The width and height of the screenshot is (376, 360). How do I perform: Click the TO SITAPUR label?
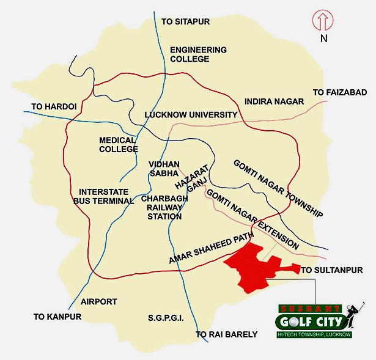pyautogui.click(x=185, y=21)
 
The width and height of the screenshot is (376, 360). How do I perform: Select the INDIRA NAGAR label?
pyautogui.click(x=273, y=101)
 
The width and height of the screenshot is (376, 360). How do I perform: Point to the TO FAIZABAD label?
pyautogui.click(x=339, y=92)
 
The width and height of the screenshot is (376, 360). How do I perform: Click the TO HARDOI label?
pyautogui.click(x=54, y=106)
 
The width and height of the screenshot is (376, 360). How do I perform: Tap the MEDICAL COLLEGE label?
pyautogui.click(x=117, y=144)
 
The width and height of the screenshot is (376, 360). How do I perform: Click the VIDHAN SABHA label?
pyautogui.click(x=162, y=169)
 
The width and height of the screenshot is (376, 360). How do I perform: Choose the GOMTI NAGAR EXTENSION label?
pyautogui.click(x=253, y=219)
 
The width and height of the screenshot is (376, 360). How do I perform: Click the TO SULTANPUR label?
pyautogui.click(x=332, y=270)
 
